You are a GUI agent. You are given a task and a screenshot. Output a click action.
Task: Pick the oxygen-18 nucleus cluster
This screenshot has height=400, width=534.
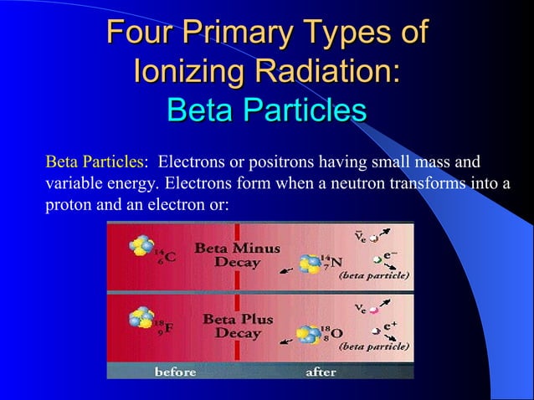pos(309,336)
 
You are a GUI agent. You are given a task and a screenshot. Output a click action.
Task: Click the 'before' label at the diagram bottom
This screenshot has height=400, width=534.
pos(175,371)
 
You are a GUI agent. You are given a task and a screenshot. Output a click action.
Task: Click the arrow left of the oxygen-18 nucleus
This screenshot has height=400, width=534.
pos(284,341)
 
